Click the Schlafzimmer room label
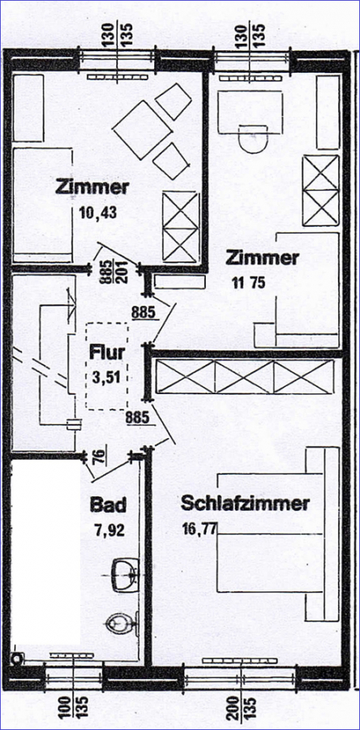pyautogui.click(x=245, y=503)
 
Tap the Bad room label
pyautogui.click(x=108, y=505)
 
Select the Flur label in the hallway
pyautogui.click(x=108, y=352)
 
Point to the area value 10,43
pyautogui.click(x=97, y=213)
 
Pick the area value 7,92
pyautogui.click(x=108, y=530)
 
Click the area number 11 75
pyautogui.click(x=248, y=282)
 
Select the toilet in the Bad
pyautogui.click(x=122, y=622)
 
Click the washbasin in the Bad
pyautogui.click(x=126, y=575)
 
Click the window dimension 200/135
pyautogui.click(x=242, y=706)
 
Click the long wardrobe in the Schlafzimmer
pyautogui.click(x=245, y=376)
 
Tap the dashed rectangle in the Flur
pyautogui.click(x=107, y=366)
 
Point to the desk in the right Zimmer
pyautogui.click(x=251, y=112)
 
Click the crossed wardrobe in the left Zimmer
pyautogui.click(x=181, y=228)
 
